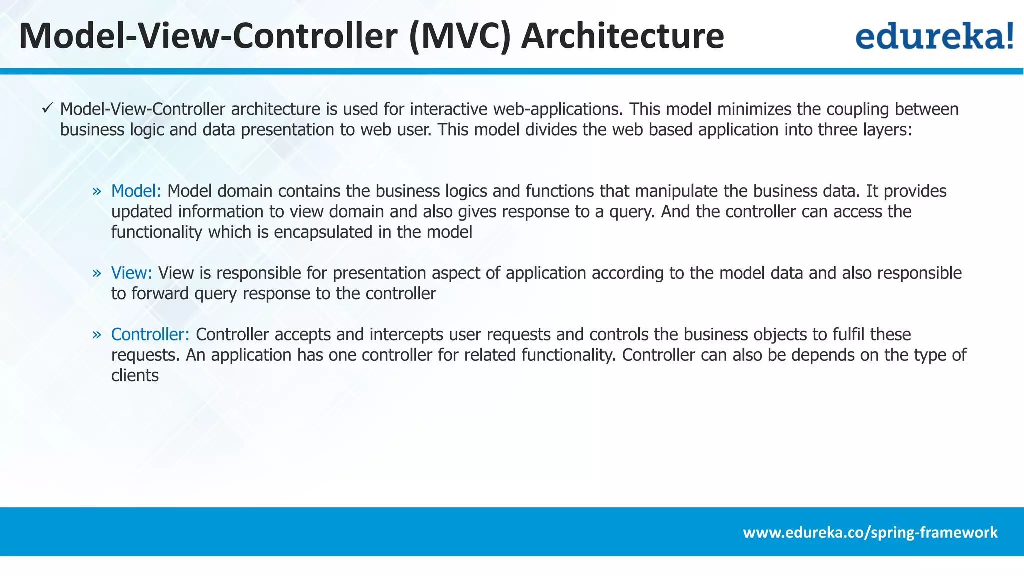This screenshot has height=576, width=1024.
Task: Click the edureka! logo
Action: point(934,36)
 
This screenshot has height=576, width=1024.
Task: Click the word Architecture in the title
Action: point(622,36)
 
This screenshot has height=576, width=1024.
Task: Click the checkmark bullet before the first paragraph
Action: point(47,108)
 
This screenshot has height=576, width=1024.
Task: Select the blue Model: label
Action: point(136,191)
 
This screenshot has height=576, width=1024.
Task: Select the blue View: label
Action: point(131,273)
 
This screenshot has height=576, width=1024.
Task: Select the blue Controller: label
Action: point(150,334)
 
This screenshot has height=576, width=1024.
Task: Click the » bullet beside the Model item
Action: point(97,191)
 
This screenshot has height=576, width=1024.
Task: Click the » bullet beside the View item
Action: point(97,273)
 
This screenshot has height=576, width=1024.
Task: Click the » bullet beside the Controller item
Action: point(97,335)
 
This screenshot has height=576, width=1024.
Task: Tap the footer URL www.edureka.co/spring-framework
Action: point(870,532)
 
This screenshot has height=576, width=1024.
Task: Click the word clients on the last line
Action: point(135,375)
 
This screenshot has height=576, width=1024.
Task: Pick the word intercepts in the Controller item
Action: point(406,334)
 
